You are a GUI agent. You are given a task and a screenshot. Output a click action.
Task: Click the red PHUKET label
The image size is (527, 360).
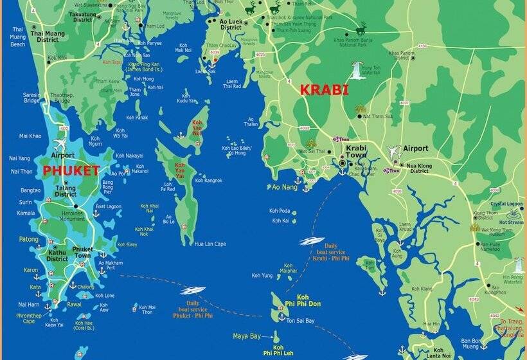point(71,171)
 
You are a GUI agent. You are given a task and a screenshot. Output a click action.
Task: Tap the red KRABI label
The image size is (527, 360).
point(323,90)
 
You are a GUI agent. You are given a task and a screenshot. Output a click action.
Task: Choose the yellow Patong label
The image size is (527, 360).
point(28,239)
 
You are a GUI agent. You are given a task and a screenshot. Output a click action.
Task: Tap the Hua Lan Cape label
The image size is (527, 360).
point(210,244)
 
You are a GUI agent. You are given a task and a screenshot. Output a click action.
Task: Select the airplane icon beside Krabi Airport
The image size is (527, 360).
point(393,152)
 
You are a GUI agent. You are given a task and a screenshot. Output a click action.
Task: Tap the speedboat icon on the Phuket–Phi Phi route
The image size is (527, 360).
point(193,291)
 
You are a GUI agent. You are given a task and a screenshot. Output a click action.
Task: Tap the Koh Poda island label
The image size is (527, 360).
point(280,211)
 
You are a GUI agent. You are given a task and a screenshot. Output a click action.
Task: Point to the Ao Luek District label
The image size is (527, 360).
point(231,24)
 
